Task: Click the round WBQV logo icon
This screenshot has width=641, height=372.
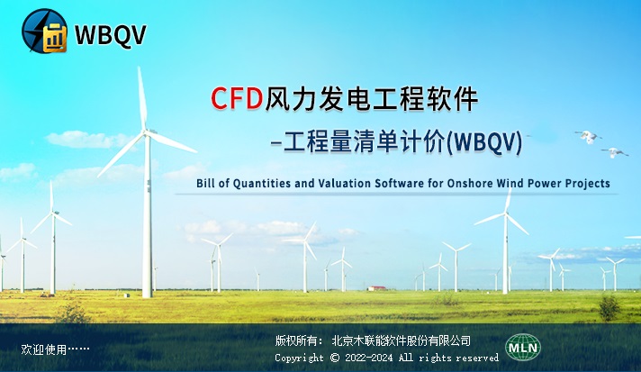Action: point(44,31)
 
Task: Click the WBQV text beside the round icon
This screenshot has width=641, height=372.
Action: point(111,35)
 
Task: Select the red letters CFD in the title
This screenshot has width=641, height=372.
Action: point(237,98)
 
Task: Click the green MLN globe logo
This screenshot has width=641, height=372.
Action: point(523,348)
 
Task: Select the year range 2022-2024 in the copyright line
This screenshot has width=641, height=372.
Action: point(369,358)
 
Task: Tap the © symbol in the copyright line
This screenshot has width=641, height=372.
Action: point(335,358)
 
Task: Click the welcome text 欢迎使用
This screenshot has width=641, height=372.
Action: point(44,349)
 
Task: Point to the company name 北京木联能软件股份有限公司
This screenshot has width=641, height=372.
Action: point(401,340)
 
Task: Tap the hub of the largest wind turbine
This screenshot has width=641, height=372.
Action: point(146,132)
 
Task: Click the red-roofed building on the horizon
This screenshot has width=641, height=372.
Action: point(376,288)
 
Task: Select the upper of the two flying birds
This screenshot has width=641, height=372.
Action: point(588,136)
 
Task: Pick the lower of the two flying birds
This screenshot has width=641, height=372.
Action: point(614,152)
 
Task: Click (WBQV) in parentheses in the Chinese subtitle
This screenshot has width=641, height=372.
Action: point(484,143)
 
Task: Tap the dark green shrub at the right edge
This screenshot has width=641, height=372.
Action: point(609,307)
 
